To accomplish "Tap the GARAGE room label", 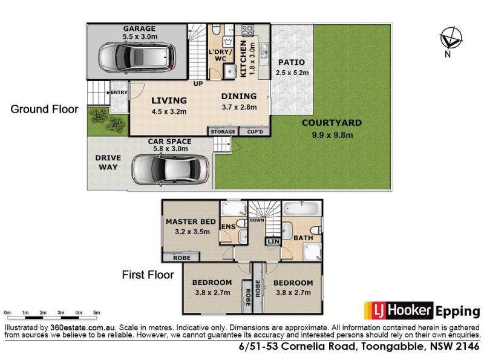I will [x=139, y=28].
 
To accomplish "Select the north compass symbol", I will [x=450, y=40].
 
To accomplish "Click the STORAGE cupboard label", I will [x=223, y=131].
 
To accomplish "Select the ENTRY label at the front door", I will [x=119, y=92].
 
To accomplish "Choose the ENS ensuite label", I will [x=228, y=227].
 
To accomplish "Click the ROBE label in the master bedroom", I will [x=181, y=258].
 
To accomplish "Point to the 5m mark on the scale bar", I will [x=96, y=312].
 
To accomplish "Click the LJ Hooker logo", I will [x=398, y=311].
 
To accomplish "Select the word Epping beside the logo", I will [x=457, y=311].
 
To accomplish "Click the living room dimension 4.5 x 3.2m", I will [x=168, y=111].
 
